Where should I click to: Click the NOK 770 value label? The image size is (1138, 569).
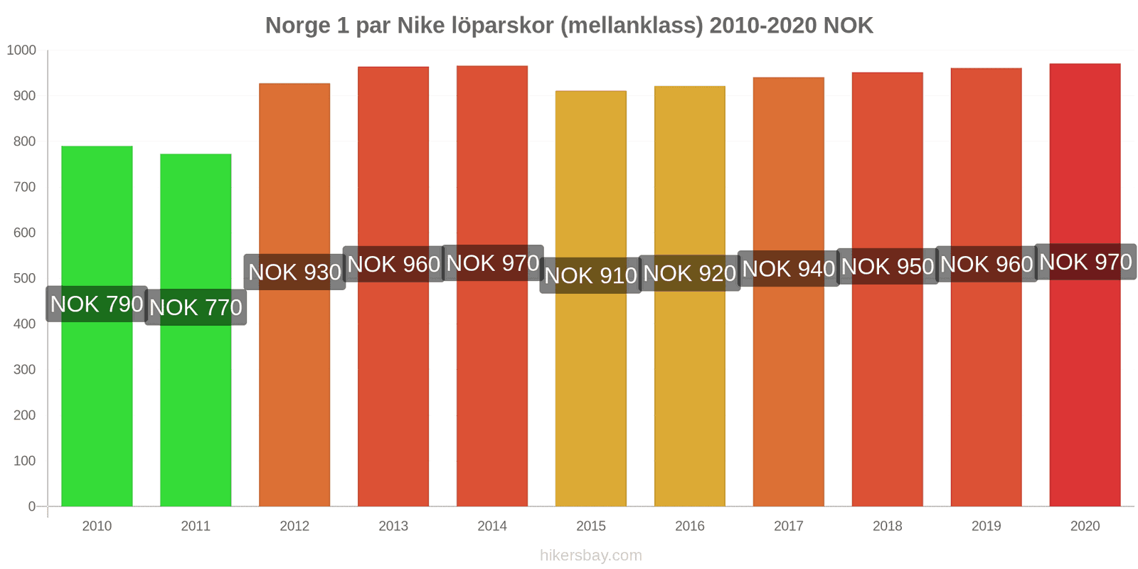[196, 307]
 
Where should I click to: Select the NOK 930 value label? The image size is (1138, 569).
[294, 272]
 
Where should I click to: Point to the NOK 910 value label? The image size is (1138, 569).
[590, 275]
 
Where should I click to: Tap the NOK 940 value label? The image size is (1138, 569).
[788, 269]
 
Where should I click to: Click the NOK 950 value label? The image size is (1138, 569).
[887, 266]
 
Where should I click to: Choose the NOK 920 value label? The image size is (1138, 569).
[689, 273]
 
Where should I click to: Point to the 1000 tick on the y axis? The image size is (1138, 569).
[21, 50]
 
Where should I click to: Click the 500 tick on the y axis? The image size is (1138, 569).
[24, 278]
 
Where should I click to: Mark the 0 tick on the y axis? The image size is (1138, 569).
[31, 506]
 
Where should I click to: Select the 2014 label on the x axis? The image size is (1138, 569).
[492, 526]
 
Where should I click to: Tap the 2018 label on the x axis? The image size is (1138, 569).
[887, 526]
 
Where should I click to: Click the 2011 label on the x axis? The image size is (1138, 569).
[196, 526]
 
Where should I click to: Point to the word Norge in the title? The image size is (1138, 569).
[297, 26]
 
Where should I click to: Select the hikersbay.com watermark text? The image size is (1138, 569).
[590, 555]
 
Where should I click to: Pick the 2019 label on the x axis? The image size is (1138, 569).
[986, 526]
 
